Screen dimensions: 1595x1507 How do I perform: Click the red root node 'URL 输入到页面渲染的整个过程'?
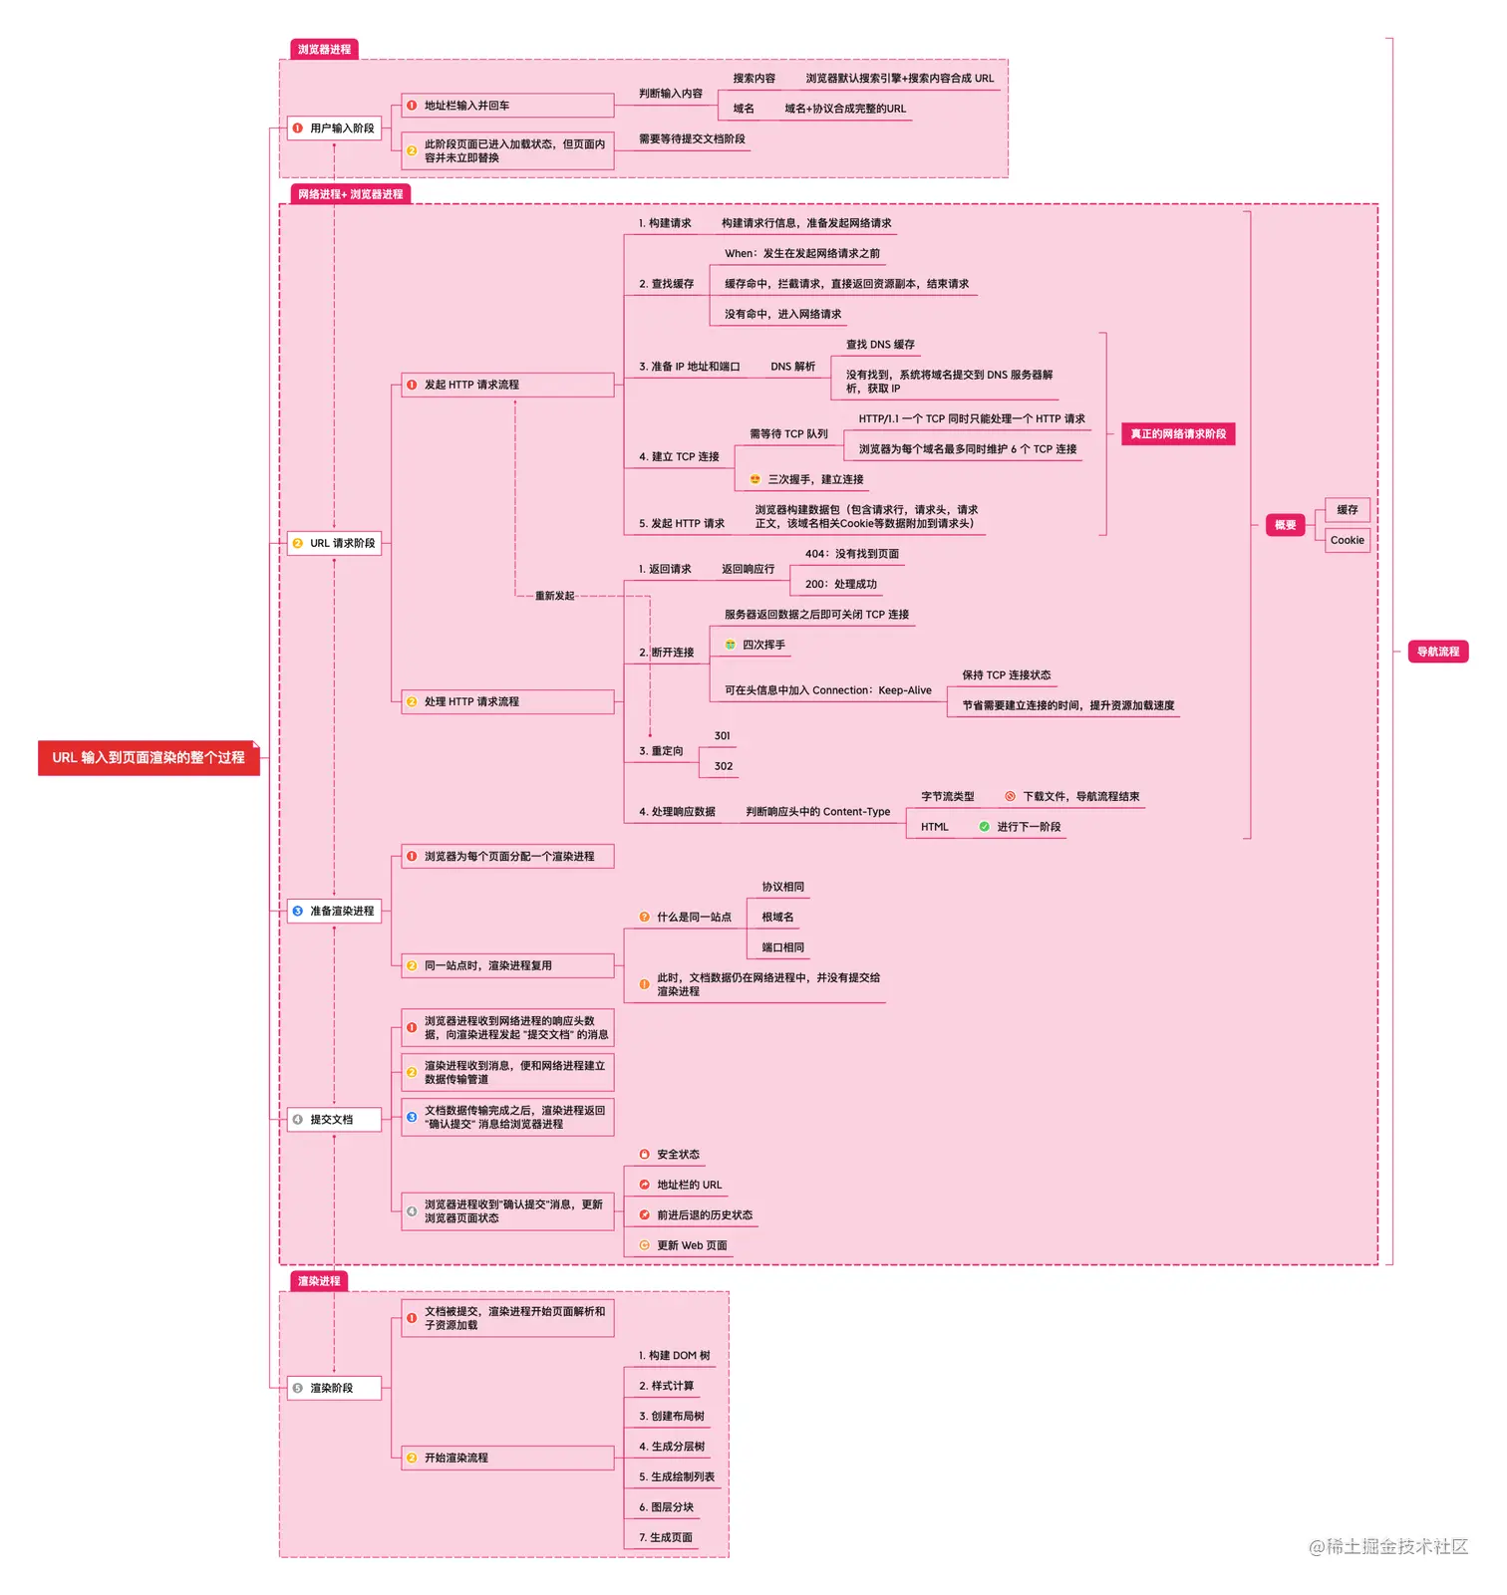tap(149, 758)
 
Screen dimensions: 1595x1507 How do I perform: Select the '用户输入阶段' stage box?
tap(335, 129)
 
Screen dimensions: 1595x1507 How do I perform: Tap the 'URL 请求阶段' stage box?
tap(335, 544)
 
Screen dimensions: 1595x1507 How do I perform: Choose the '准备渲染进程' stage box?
tap(335, 912)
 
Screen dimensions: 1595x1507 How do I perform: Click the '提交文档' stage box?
tap(335, 1120)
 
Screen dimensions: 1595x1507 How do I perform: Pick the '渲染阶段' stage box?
tap(335, 1389)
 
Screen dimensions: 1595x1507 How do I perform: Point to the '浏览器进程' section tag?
tap(324, 50)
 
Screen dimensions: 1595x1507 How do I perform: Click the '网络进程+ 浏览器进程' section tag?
tap(350, 194)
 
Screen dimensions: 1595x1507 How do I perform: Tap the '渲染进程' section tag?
tap(319, 1281)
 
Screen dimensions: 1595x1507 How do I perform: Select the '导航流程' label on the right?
tap(1437, 653)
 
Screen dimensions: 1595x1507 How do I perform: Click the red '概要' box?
tap(1286, 525)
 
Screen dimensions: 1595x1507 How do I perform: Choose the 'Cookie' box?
tap(1348, 541)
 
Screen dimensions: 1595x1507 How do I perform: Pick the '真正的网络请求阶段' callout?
tap(1178, 434)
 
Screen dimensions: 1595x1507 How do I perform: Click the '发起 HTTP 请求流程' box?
tap(507, 386)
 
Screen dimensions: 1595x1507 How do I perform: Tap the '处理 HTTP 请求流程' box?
tap(507, 702)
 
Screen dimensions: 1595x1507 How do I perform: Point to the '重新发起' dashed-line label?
tap(555, 596)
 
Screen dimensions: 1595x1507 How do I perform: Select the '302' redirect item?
tap(724, 767)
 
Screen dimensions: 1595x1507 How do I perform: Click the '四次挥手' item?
tap(763, 646)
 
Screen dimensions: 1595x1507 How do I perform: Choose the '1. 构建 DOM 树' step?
tap(675, 1356)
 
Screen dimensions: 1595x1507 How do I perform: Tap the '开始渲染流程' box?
tap(507, 1459)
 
